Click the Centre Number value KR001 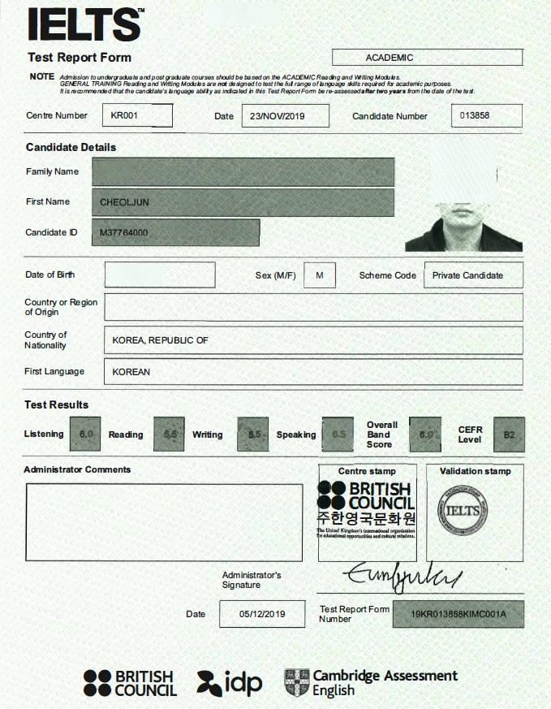pyautogui.click(x=125, y=115)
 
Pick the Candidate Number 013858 pyautogui.click(x=475, y=115)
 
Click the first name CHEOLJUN pyautogui.click(x=124, y=202)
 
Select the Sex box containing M pyautogui.click(x=319, y=275)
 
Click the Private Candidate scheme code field pyautogui.click(x=467, y=275)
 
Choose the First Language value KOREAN pyautogui.click(x=131, y=372)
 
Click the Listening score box pyautogui.click(x=86, y=434)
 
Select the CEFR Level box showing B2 pyautogui.click(x=509, y=434)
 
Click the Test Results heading pyautogui.click(x=57, y=404)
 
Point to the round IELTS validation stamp pyautogui.click(x=463, y=511)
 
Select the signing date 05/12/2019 pyautogui.click(x=262, y=614)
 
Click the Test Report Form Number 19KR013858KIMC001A pyautogui.click(x=458, y=614)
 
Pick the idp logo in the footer pyautogui.click(x=230, y=682)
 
